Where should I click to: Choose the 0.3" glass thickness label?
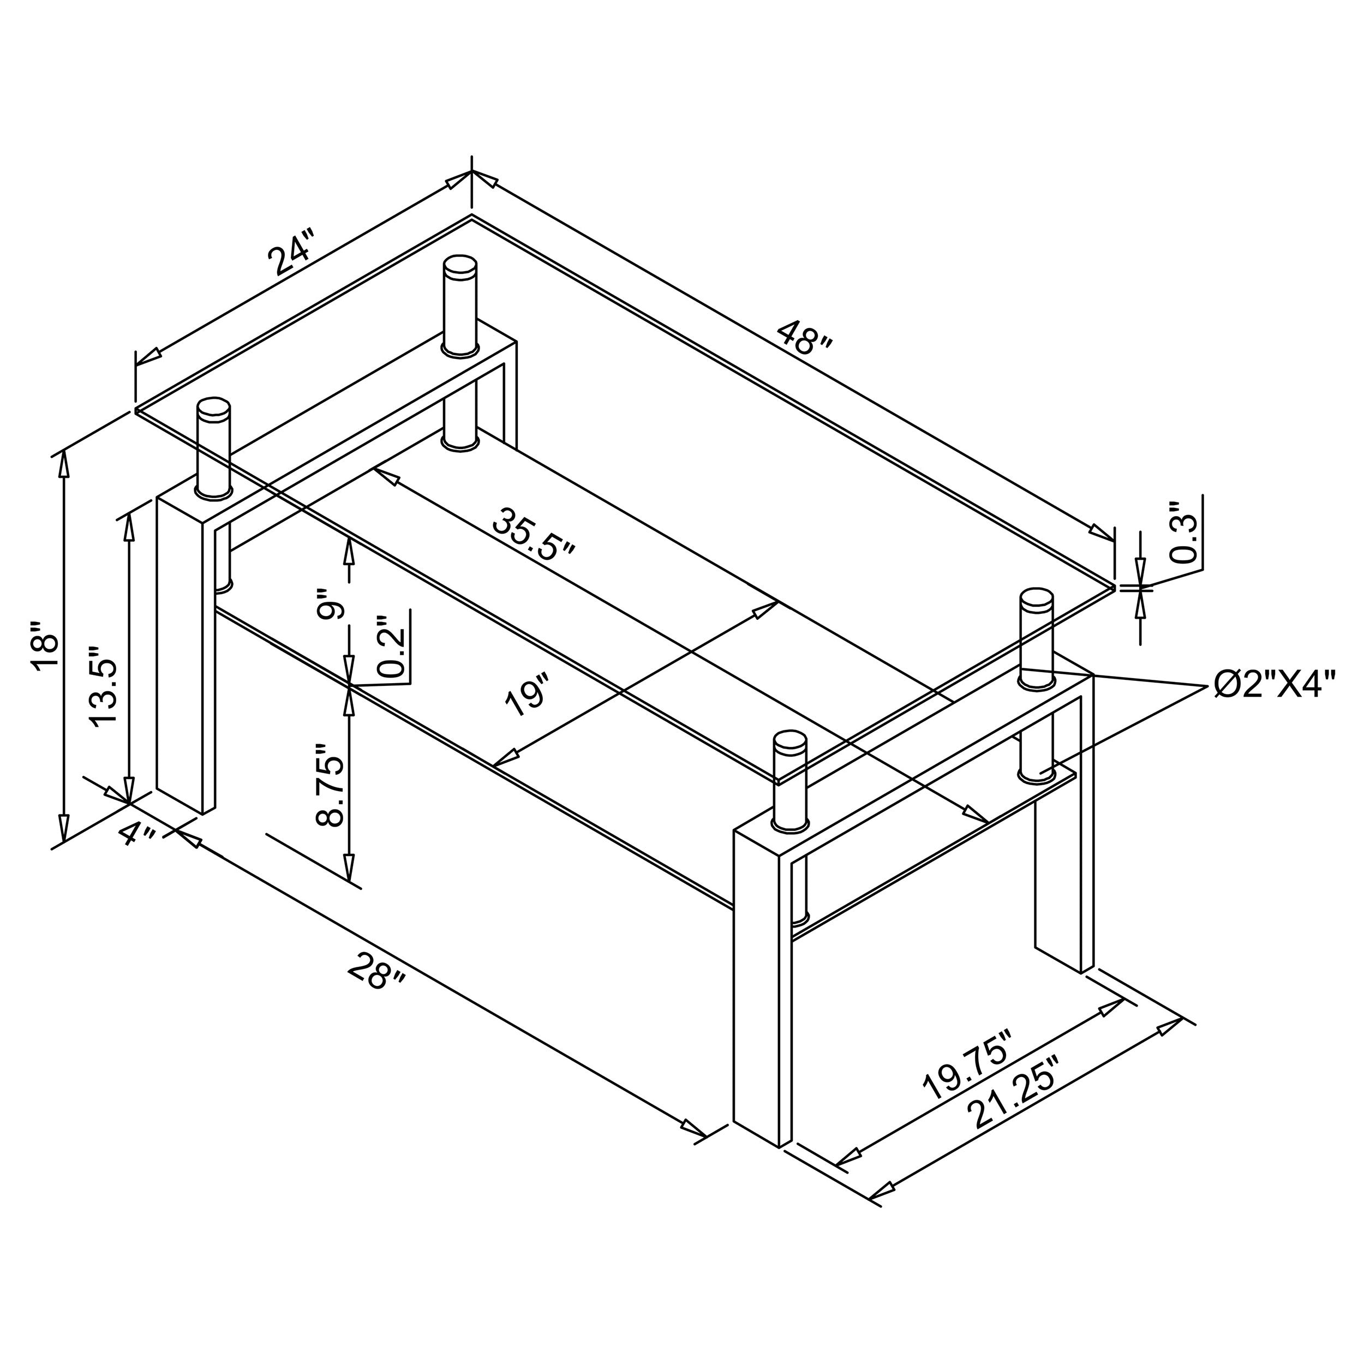[x=1184, y=533]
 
